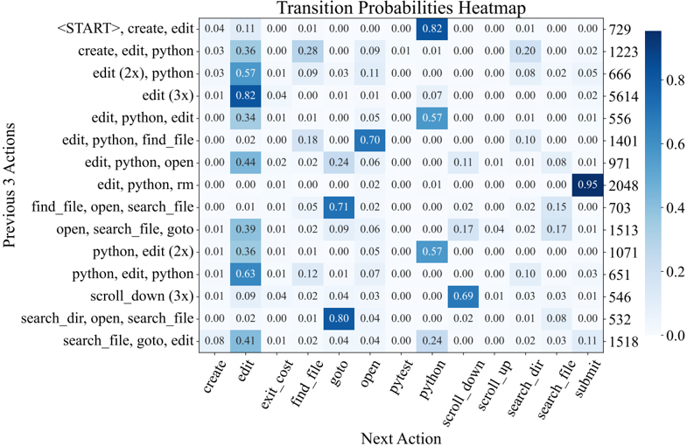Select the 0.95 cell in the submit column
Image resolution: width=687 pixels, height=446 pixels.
pos(588,185)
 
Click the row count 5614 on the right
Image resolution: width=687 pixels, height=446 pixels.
pos(622,95)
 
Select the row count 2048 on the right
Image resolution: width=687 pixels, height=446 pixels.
pos(622,185)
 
